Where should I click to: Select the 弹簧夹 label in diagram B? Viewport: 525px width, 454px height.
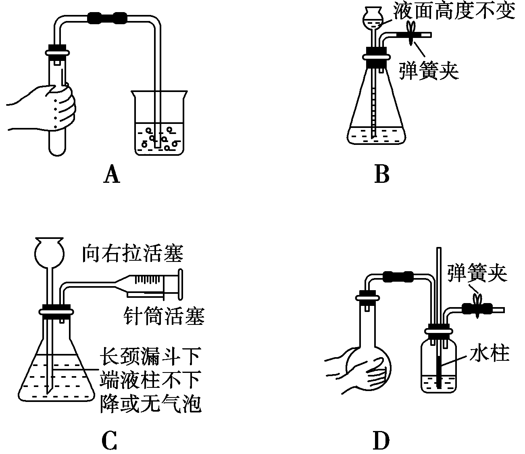429,71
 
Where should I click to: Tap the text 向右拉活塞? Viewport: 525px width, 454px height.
132,254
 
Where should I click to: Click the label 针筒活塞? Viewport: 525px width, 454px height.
165,316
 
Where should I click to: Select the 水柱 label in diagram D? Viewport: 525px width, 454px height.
489,354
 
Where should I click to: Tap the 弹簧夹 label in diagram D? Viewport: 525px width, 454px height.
477,274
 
